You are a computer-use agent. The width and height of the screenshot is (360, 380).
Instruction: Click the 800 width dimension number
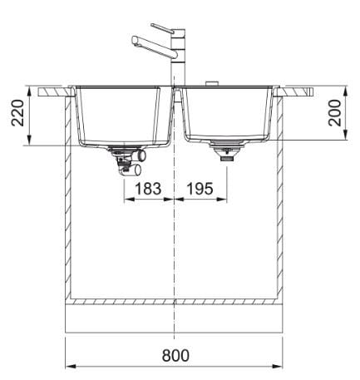click(175, 355)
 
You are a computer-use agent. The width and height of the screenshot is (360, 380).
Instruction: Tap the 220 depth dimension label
click(17, 113)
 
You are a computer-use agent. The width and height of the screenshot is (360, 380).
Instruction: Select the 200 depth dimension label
click(334, 113)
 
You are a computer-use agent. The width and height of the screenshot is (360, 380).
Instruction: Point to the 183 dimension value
click(148, 189)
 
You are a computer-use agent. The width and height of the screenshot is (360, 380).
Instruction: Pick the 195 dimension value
click(200, 189)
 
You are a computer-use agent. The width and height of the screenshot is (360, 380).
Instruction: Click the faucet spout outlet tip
click(135, 41)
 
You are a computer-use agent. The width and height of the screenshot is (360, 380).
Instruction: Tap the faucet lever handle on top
click(163, 27)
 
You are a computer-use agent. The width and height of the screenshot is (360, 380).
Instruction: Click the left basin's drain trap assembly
click(127, 161)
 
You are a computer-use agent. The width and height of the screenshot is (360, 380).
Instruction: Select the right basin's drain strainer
click(227, 151)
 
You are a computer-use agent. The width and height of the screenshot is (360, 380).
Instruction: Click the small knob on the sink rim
click(212, 83)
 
